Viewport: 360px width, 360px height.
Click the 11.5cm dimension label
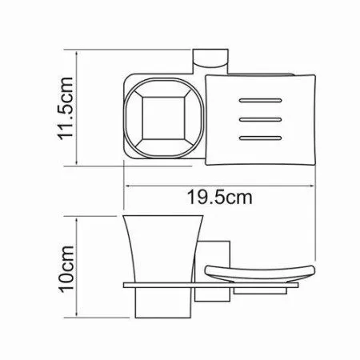point(66,108)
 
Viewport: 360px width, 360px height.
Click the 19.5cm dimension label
point(220,198)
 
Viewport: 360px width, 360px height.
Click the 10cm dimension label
point(66,269)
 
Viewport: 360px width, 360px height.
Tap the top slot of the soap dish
point(260,101)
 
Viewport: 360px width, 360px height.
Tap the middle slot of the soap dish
point(260,119)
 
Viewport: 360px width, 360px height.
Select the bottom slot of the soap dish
point(260,138)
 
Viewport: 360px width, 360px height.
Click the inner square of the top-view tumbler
point(163,118)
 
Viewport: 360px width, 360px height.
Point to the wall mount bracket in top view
point(210,61)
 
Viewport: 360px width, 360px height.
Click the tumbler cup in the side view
point(162,266)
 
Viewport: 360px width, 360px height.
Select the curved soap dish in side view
point(260,274)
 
